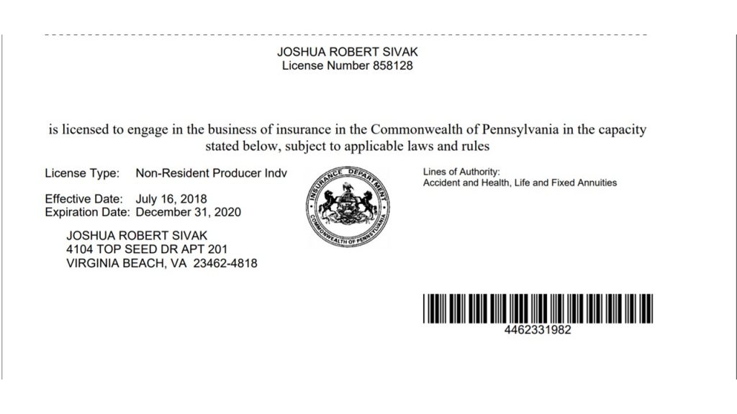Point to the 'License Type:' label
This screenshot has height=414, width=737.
[82, 173]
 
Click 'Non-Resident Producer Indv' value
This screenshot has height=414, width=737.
[211, 173]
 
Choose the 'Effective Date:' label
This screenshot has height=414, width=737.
[84, 198]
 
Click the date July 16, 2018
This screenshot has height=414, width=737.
[171, 198]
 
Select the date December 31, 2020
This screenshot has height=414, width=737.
[189, 212]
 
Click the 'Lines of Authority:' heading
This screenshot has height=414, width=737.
[461, 172]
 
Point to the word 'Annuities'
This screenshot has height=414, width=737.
[596, 183]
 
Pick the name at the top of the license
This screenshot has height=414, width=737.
[347, 52]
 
